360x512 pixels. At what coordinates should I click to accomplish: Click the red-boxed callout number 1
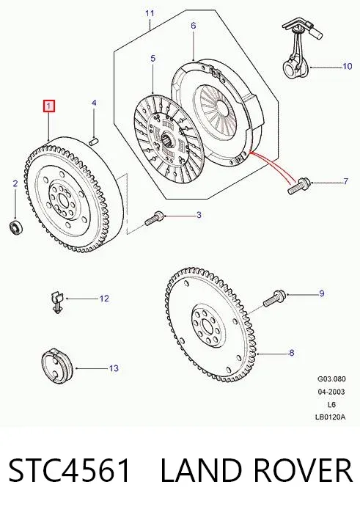[x=49, y=106]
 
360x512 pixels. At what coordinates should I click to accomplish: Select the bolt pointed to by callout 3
[x=154, y=219]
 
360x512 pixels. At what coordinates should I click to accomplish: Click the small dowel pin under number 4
[x=94, y=142]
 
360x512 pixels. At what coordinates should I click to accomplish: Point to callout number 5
[x=153, y=59]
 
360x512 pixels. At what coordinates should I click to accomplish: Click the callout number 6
[x=194, y=26]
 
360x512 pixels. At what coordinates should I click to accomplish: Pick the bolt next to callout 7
[x=298, y=185]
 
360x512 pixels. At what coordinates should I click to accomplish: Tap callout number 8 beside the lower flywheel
[x=292, y=353]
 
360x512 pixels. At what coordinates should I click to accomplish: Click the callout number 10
[x=348, y=66]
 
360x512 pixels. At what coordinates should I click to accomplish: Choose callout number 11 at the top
[x=150, y=13]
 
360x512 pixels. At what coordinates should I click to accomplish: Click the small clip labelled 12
[x=56, y=303]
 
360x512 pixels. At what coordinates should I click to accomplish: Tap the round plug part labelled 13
[x=56, y=366]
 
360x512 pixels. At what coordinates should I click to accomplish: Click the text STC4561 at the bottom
[x=70, y=470]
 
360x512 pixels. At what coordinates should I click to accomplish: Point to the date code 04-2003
[x=331, y=392]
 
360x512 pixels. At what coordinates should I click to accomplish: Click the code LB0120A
[x=330, y=417]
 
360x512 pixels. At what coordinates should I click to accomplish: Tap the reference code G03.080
[x=331, y=379]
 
